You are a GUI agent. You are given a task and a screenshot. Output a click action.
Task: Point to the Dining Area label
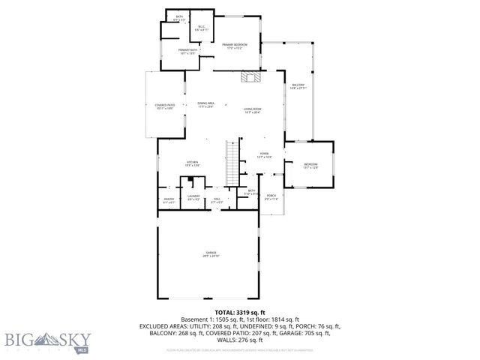point(205,104)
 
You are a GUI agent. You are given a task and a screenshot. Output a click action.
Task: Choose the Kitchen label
point(192,163)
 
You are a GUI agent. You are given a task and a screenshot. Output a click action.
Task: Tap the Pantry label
point(169,199)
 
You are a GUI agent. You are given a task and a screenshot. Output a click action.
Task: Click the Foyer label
point(264,155)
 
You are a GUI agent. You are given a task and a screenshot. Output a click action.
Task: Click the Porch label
point(271,197)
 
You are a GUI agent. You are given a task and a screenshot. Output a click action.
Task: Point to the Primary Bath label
point(187,52)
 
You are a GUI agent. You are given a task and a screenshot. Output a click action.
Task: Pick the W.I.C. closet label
point(201,28)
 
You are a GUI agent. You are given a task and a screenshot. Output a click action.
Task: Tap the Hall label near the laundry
point(217,199)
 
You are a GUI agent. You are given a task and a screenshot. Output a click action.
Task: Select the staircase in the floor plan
point(233,159)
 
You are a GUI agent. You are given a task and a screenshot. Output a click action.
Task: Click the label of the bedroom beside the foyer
point(310,166)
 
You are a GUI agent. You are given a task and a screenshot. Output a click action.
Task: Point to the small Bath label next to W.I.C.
point(179,17)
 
